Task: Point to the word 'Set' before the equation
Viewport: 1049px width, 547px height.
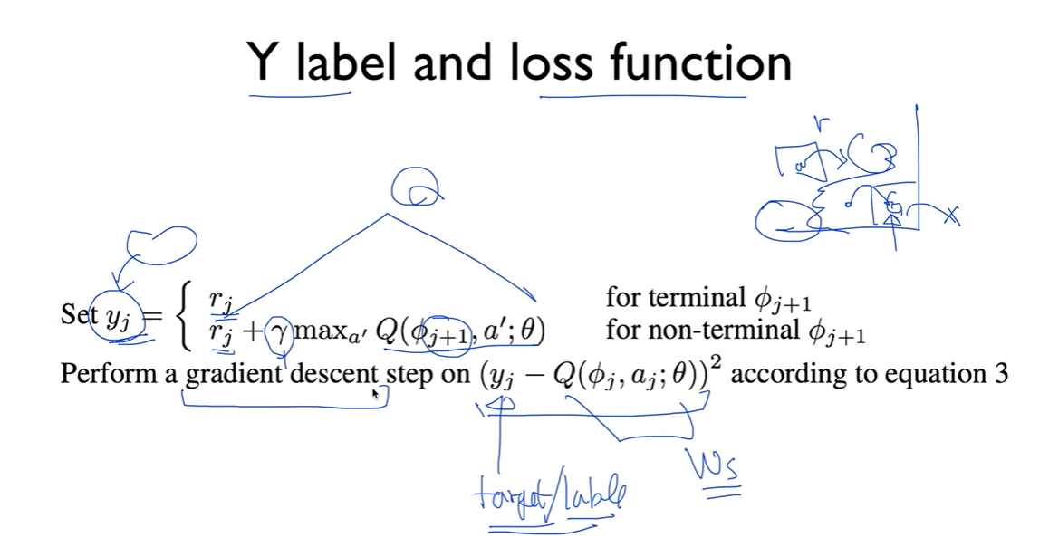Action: click(78, 314)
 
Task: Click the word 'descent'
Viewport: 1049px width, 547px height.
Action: click(333, 373)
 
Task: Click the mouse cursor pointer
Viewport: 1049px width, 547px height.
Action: click(374, 393)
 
